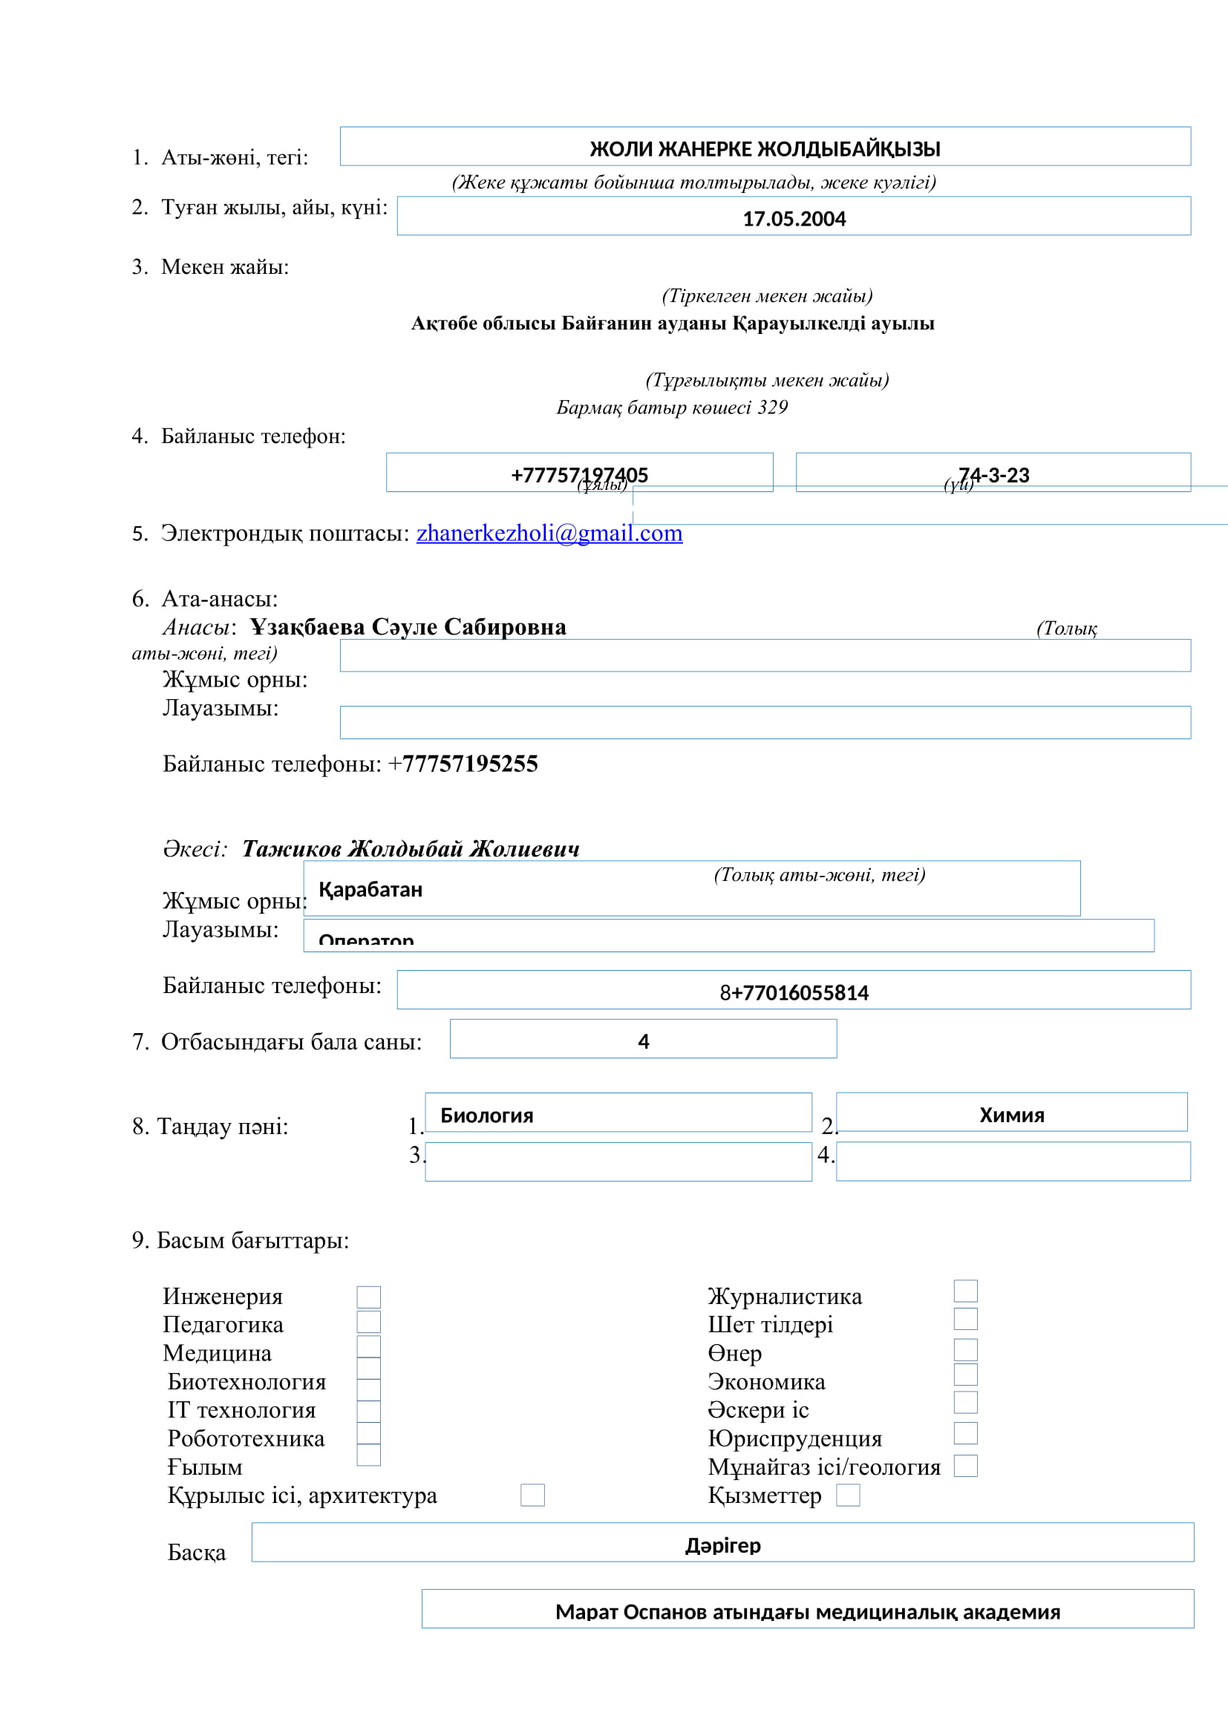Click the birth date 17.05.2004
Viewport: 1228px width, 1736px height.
[794, 218]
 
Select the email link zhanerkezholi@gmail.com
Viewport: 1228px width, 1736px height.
[549, 533]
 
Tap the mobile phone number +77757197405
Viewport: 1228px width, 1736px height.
[579, 474]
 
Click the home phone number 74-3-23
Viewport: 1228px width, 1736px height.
[993, 474]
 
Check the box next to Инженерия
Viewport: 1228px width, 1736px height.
[368, 1297]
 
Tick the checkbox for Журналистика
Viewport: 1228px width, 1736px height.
[966, 1291]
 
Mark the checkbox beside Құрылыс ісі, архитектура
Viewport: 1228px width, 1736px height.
[532, 1495]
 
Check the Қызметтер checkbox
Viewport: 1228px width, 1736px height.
[848, 1495]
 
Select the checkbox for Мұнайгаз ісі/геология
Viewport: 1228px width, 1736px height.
[966, 1466]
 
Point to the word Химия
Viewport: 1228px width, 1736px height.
[1012, 1115]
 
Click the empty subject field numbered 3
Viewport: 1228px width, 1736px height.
[618, 1162]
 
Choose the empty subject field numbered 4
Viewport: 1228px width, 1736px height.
[1013, 1162]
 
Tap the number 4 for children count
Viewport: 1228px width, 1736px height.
[644, 1041]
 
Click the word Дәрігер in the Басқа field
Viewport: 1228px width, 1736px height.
[723, 1545]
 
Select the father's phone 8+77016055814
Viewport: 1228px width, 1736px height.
[794, 992]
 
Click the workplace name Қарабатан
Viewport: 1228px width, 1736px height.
[370, 889]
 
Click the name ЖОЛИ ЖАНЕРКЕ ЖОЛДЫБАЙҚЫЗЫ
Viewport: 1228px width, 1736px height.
[765, 148]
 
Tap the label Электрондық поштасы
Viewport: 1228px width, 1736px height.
[284, 533]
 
